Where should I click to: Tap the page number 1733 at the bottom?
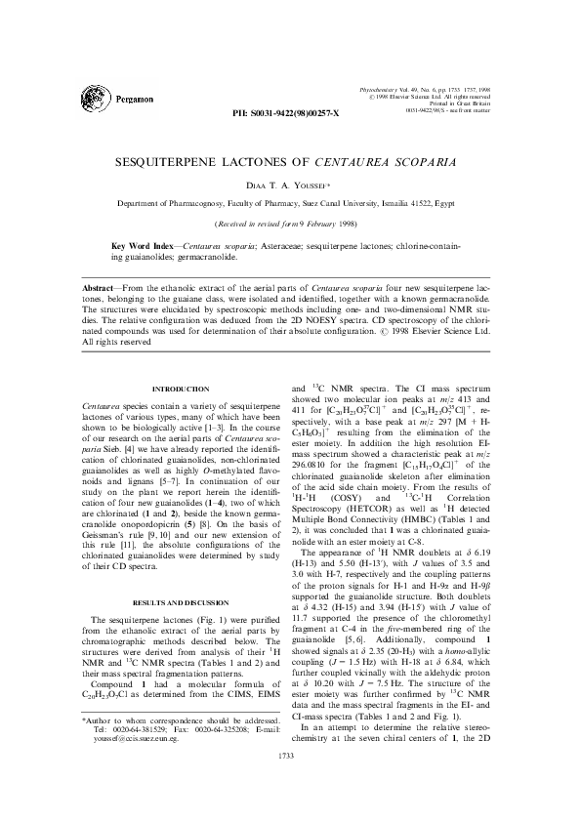click(x=290, y=784)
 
